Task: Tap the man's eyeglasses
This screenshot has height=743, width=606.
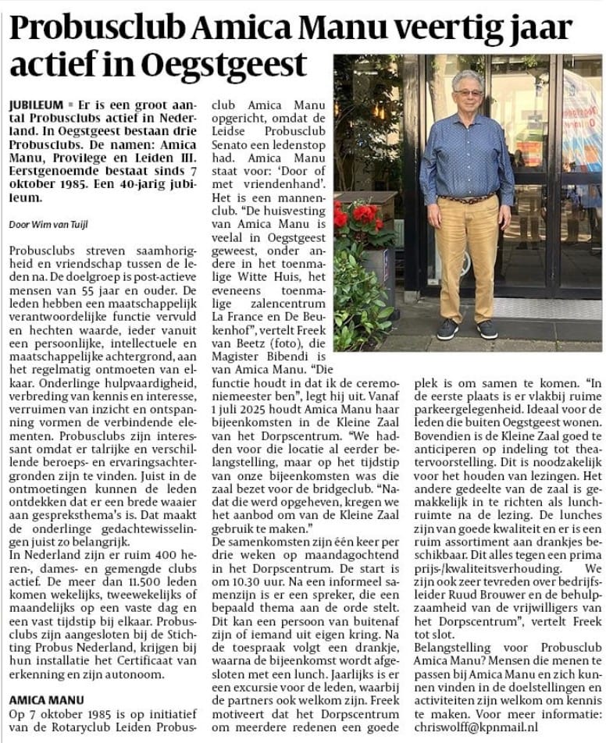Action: pyautogui.click(x=469, y=92)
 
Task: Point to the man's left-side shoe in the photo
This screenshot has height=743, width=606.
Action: pyautogui.click(x=447, y=329)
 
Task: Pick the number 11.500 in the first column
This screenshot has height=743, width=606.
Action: pyautogui.click(x=117, y=576)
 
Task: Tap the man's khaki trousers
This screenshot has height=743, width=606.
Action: pyautogui.click(x=466, y=258)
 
